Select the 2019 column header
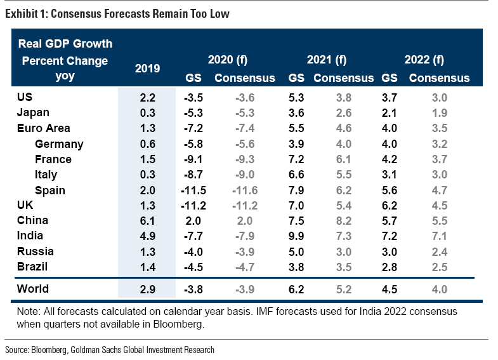147,68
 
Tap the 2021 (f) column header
327,60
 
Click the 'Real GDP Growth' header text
65,44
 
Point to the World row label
33,289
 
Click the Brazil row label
33,266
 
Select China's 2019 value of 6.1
147,220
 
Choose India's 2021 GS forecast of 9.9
296,236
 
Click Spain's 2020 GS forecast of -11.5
195,190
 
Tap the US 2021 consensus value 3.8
343,98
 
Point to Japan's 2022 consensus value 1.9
439,113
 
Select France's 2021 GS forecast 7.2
296,159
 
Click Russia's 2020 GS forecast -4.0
193,251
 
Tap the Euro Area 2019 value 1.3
147,128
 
